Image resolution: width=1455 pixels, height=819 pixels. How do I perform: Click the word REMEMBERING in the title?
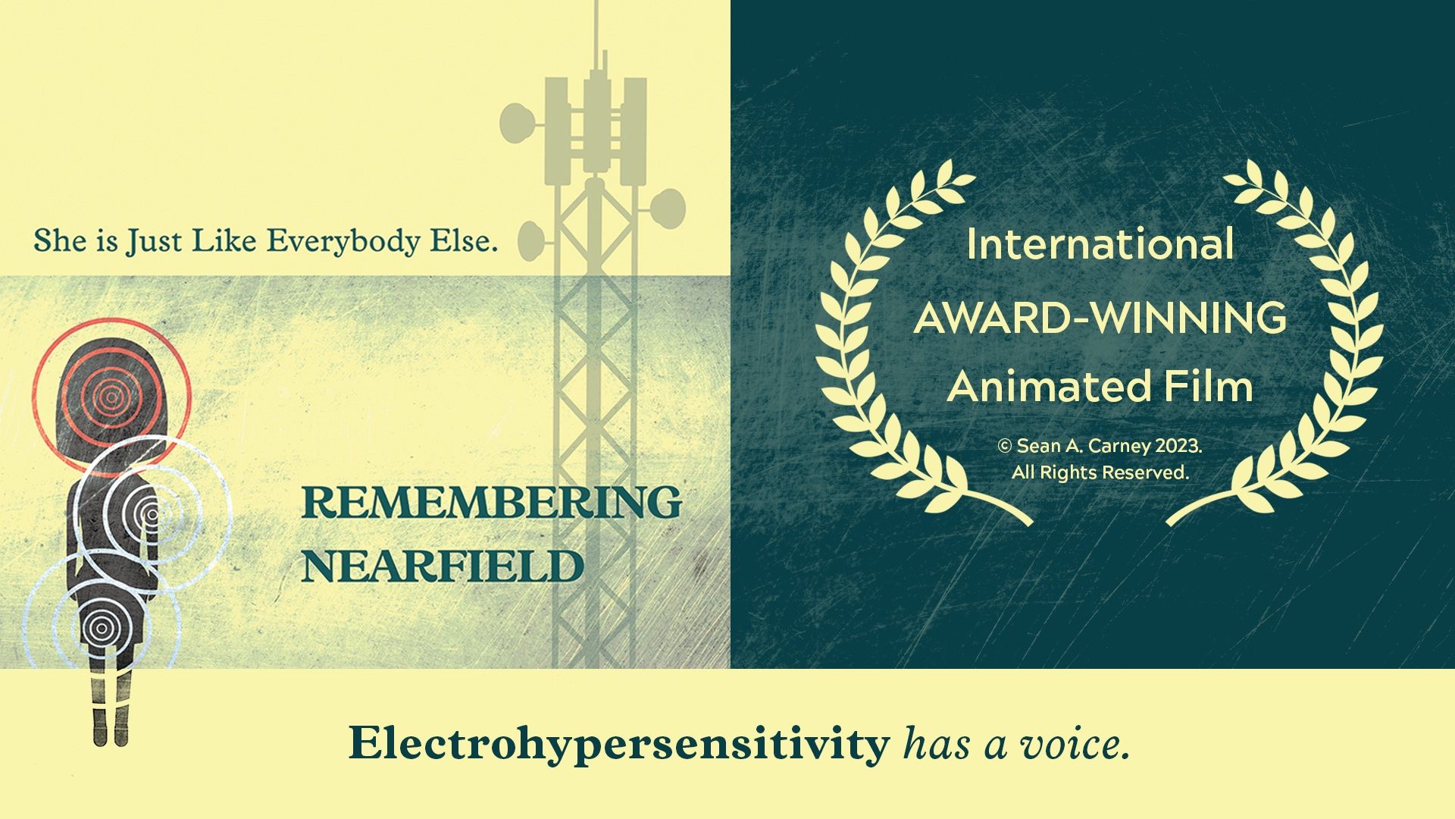point(492,502)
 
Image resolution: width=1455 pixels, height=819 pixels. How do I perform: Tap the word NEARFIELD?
point(443,566)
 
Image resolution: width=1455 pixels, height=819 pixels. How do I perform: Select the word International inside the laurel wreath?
point(1100,244)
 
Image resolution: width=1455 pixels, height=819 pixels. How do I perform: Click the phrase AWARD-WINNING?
point(1100,318)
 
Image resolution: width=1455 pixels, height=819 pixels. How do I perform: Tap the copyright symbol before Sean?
point(1005,447)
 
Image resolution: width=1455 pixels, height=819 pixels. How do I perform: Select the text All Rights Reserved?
point(1100,472)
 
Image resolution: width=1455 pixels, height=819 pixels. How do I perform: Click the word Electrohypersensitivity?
point(619,745)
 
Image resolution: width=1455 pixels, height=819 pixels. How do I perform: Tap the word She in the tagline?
point(55,241)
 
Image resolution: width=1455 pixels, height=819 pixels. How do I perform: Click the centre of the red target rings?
point(111,394)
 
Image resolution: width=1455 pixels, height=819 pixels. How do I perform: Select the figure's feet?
point(111,735)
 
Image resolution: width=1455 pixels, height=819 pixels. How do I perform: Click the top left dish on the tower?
point(517,123)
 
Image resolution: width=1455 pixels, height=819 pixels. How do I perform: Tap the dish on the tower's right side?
point(668,207)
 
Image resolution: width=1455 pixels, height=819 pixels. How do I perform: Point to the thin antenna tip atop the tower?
point(596,4)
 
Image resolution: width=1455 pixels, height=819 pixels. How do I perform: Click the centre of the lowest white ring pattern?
point(99,627)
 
